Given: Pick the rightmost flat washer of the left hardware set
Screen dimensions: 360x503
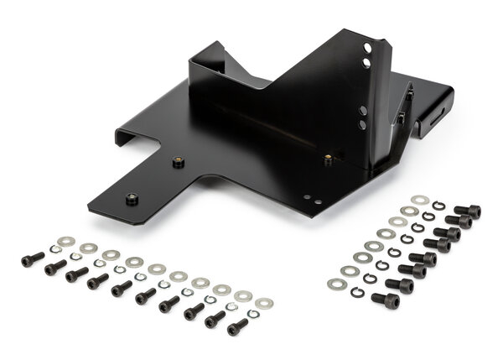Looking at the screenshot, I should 264,303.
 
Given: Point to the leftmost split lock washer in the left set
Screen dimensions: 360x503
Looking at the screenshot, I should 55,249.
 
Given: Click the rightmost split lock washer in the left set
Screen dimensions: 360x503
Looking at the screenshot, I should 252,314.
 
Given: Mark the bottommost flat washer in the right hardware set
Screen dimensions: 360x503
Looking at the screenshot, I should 337,284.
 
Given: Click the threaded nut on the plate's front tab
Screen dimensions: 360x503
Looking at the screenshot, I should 131,199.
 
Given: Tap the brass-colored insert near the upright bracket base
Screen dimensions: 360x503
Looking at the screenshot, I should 327,157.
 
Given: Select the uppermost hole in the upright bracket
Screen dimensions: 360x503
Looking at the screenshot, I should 366,49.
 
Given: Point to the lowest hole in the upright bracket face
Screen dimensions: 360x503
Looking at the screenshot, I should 362,125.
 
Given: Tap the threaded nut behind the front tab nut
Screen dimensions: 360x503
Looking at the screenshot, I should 178,161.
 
